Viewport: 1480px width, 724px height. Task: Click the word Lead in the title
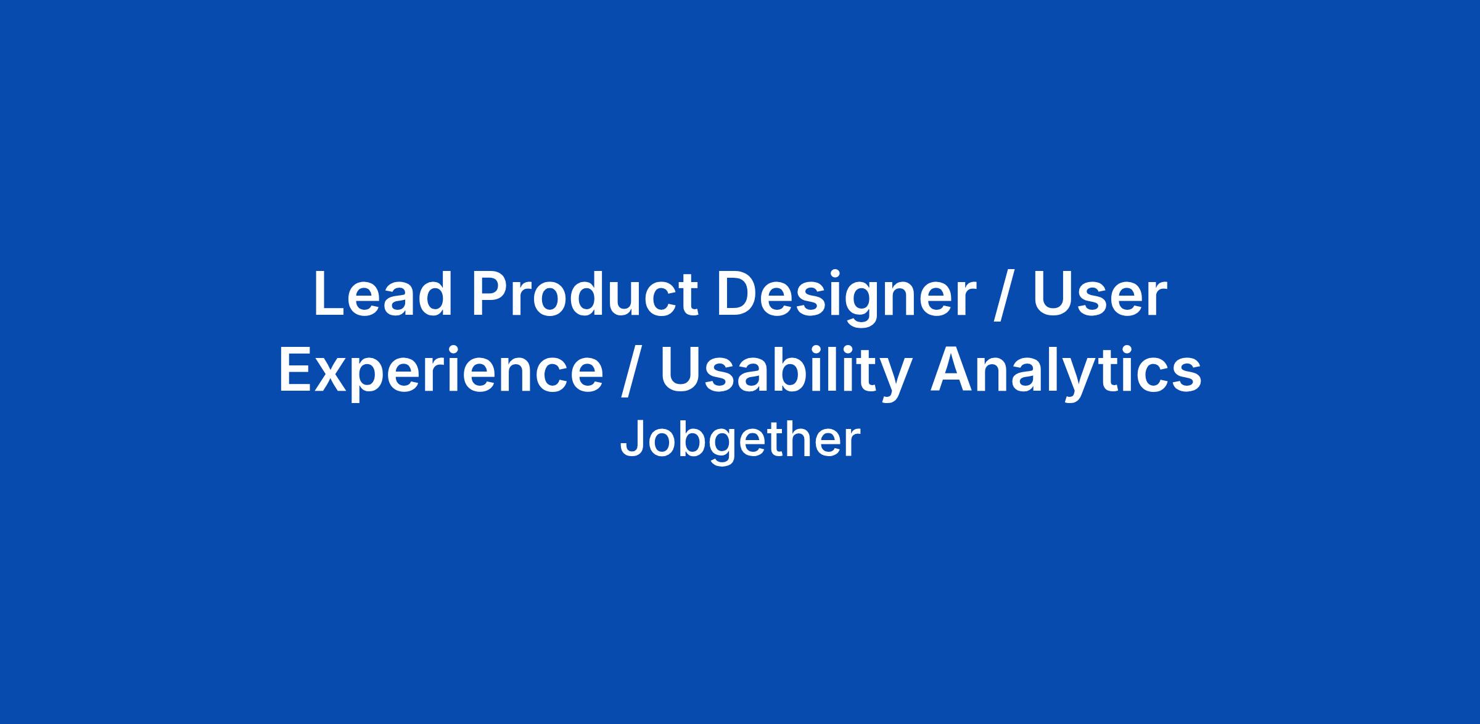383,294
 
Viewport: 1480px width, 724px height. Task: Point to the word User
1100,295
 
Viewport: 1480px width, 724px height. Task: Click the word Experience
441,374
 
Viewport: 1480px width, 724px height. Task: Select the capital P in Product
490,294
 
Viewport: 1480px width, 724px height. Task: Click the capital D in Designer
736,294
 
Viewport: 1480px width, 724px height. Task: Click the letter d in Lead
435,295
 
